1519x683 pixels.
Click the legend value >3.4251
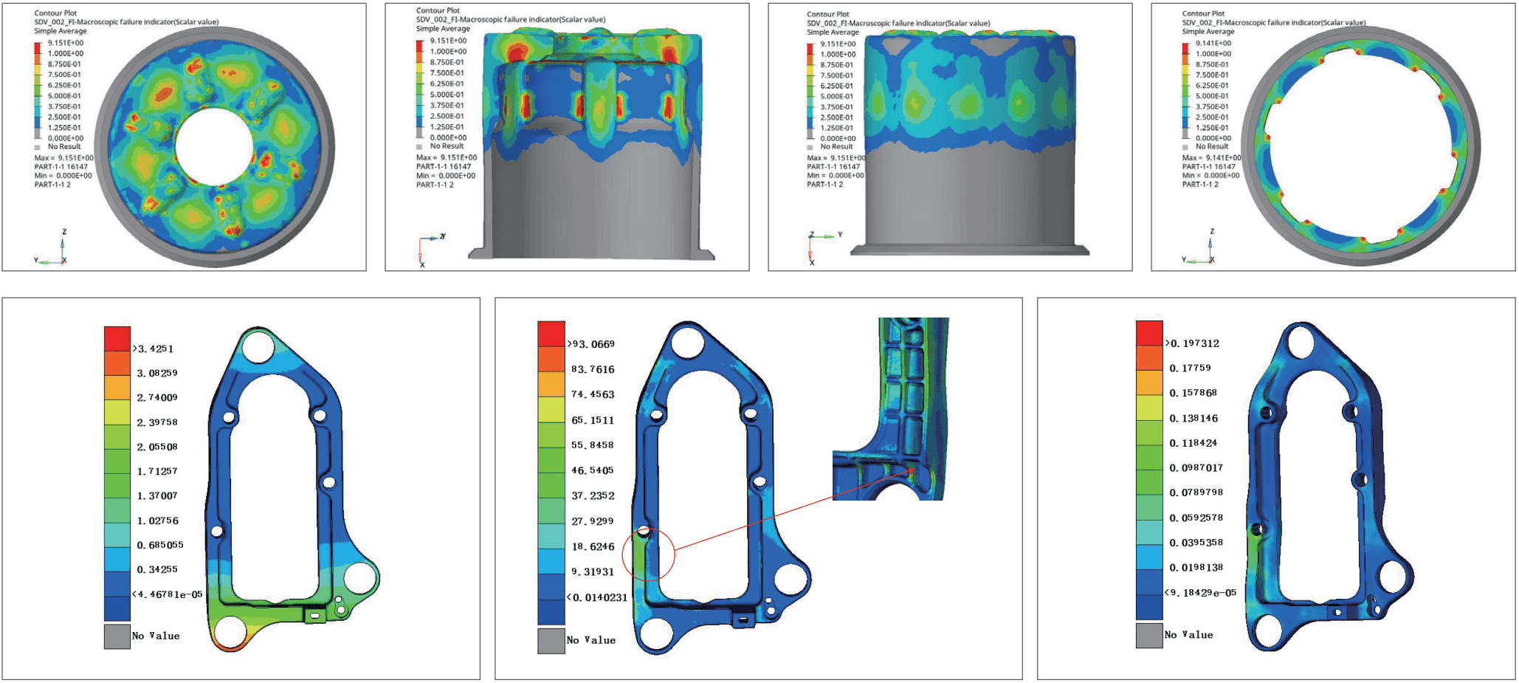[x=153, y=349]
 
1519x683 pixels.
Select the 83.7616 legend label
[x=593, y=369]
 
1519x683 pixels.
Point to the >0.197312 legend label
[x=1192, y=343]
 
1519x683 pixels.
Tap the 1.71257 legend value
[x=157, y=471]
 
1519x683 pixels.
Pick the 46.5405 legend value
[x=593, y=470]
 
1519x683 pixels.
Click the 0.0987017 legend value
[x=1196, y=467]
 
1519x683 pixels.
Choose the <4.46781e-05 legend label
[x=168, y=594]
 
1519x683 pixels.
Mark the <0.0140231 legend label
[x=597, y=597]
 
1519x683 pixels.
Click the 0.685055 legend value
[x=160, y=545]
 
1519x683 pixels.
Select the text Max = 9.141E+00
[x=1211, y=157]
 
